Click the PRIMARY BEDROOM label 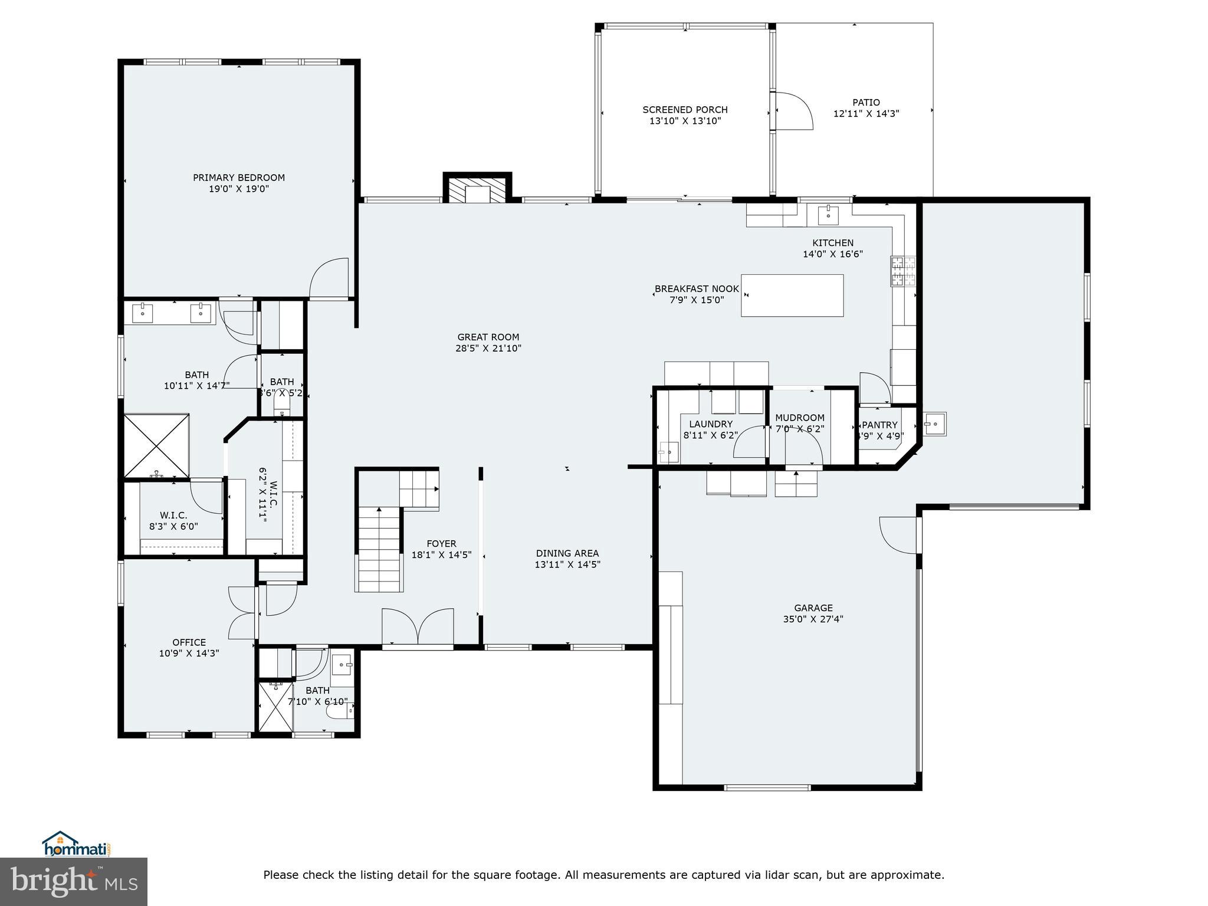click(239, 178)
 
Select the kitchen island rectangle click(792, 296)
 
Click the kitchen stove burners click(903, 271)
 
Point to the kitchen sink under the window click(829, 215)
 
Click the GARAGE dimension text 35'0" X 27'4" click(813, 619)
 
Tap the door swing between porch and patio click(793, 111)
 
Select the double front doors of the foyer click(418, 628)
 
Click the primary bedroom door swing click(329, 279)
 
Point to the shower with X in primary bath click(157, 446)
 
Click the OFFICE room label click(189, 642)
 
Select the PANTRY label click(879, 425)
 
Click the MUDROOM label click(800, 418)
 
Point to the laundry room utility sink click(669, 453)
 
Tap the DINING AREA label click(567, 553)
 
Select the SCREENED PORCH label click(685, 110)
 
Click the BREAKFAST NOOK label click(697, 288)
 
